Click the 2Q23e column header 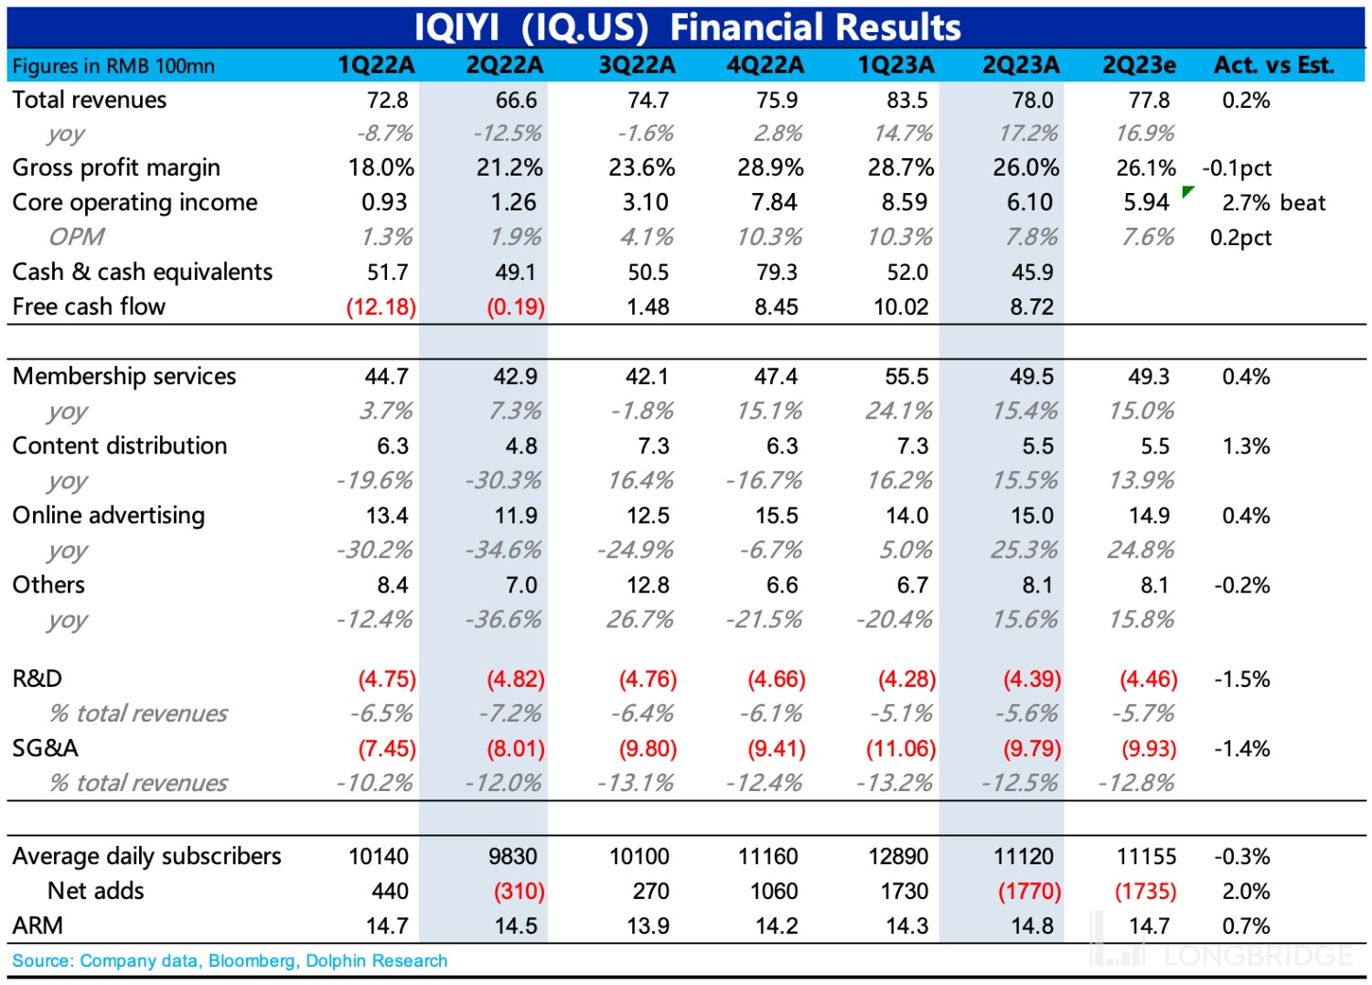(x=1139, y=66)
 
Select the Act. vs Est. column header (x=1273, y=66)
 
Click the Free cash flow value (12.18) (x=381, y=307)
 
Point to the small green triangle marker (x=1187, y=191)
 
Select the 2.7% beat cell (x=1273, y=203)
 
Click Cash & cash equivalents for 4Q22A (x=777, y=273)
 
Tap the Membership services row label (x=124, y=377)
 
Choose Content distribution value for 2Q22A (x=520, y=446)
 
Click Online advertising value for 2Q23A (x=1032, y=516)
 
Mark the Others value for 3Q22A (x=648, y=585)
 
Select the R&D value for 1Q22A (x=386, y=680)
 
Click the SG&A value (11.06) (x=901, y=749)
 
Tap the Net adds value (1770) (x=1029, y=892)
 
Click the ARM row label (x=38, y=926)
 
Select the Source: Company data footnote (x=230, y=961)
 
